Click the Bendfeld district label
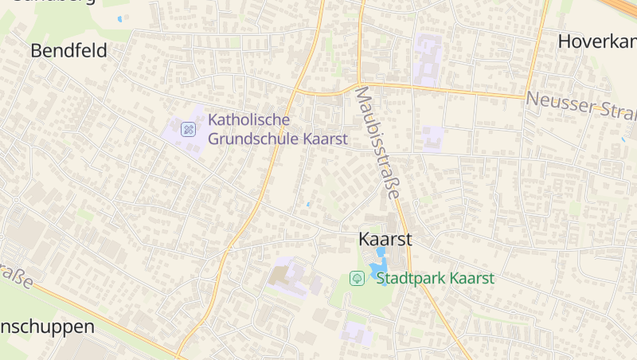click(68, 51)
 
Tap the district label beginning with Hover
click(596, 41)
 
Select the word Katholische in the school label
click(248, 120)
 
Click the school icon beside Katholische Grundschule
click(188, 129)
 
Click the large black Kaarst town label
click(385, 239)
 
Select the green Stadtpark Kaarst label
click(435, 278)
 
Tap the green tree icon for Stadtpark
click(358, 278)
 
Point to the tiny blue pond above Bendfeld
click(120, 18)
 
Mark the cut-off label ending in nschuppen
click(47, 327)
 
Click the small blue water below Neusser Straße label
click(623, 140)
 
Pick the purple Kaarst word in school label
click(325, 139)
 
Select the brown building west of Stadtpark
click(281, 276)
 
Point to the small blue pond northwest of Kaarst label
click(308, 205)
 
